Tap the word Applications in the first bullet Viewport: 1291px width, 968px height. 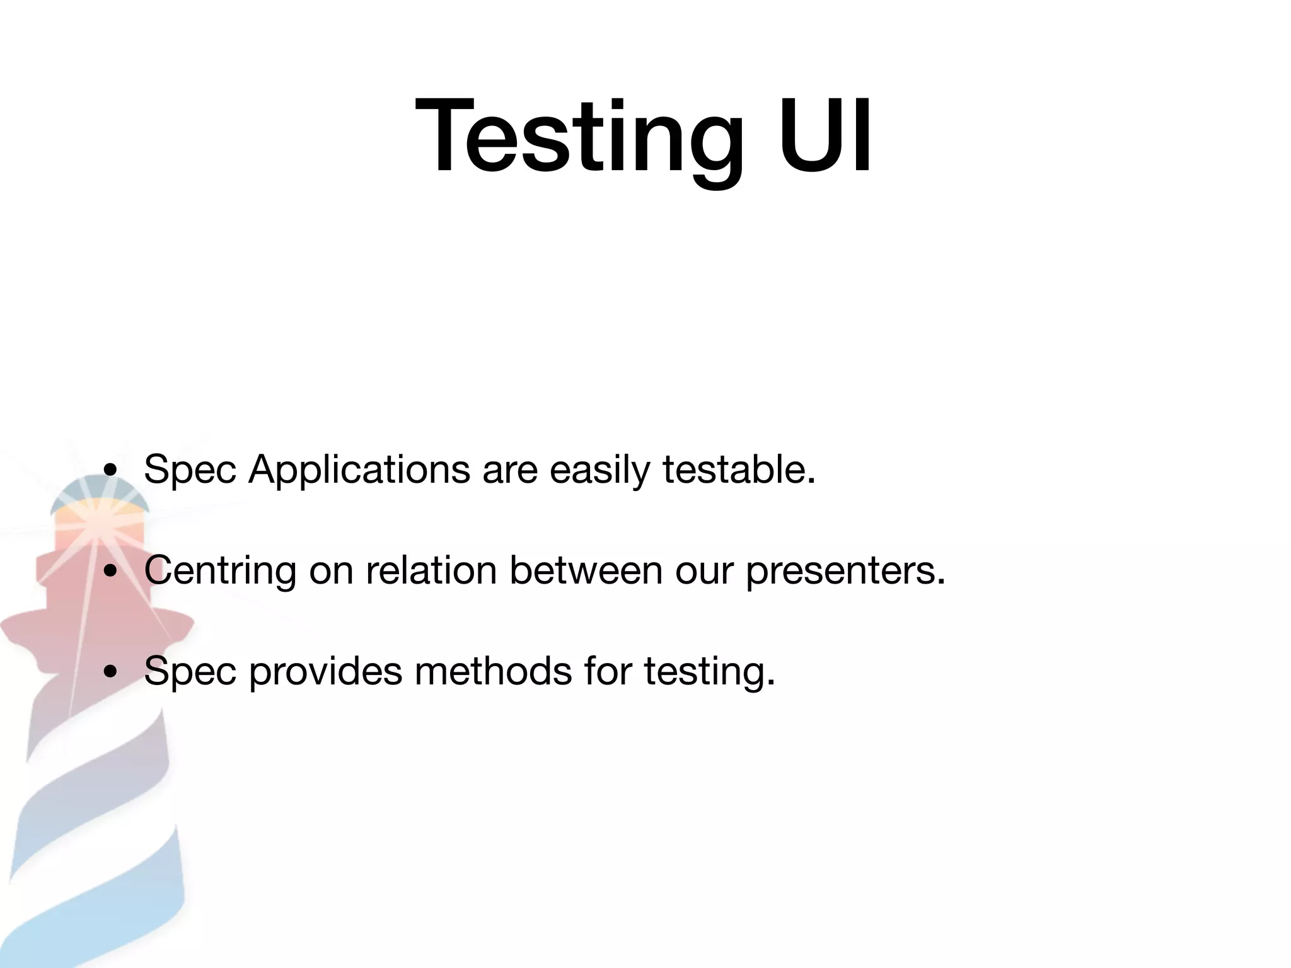(x=359, y=470)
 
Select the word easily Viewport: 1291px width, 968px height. (x=599, y=470)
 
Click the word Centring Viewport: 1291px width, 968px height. (x=220, y=571)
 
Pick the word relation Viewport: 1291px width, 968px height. (x=432, y=570)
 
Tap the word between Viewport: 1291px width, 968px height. (x=586, y=570)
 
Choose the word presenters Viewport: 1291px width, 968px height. (x=845, y=571)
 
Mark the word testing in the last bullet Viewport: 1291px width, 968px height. (x=709, y=672)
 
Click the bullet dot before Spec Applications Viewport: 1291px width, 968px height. (x=111, y=470)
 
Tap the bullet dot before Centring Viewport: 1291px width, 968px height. (x=111, y=571)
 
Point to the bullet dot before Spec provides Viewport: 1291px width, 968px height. (x=111, y=672)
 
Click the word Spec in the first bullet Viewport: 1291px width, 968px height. (x=190, y=470)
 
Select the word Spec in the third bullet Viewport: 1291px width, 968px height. (x=190, y=672)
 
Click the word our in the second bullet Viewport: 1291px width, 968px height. (x=703, y=571)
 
